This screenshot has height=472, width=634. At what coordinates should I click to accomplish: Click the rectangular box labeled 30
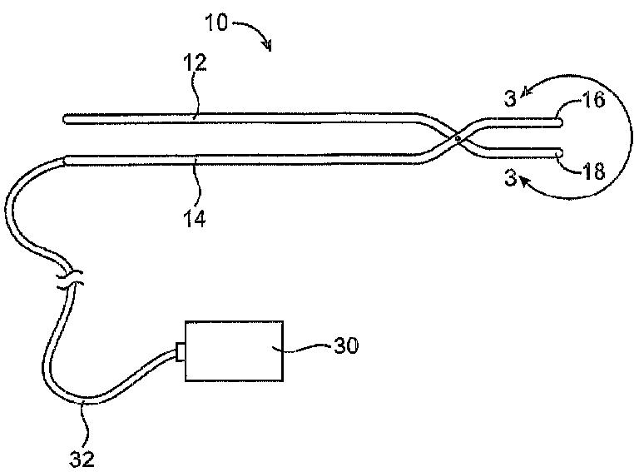(x=234, y=351)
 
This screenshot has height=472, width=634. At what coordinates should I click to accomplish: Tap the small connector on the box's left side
(x=179, y=353)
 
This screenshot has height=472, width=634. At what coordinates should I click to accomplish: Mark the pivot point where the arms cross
(x=458, y=139)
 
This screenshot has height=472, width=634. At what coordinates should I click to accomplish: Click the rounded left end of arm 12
(x=65, y=120)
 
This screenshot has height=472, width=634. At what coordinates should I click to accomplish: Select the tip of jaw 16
(x=562, y=122)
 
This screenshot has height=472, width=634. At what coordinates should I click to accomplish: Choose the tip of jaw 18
(x=562, y=154)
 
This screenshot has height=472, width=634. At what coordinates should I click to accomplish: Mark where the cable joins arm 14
(x=65, y=159)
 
